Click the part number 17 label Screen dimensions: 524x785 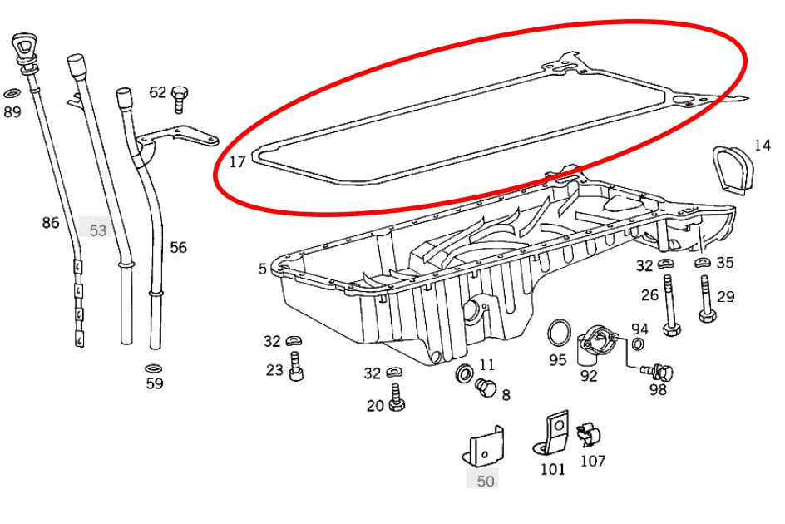point(237,162)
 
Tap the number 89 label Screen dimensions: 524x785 point(12,111)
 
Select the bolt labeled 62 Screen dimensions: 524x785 point(178,99)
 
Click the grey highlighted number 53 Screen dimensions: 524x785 point(98,230)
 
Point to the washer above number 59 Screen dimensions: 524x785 point(154,368)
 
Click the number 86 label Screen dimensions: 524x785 point(51,222)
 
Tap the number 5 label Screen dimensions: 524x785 point(263,269)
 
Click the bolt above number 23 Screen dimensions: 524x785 point(295,367)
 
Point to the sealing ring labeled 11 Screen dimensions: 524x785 point(462,373)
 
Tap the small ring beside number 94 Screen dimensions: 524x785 point(638,345)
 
